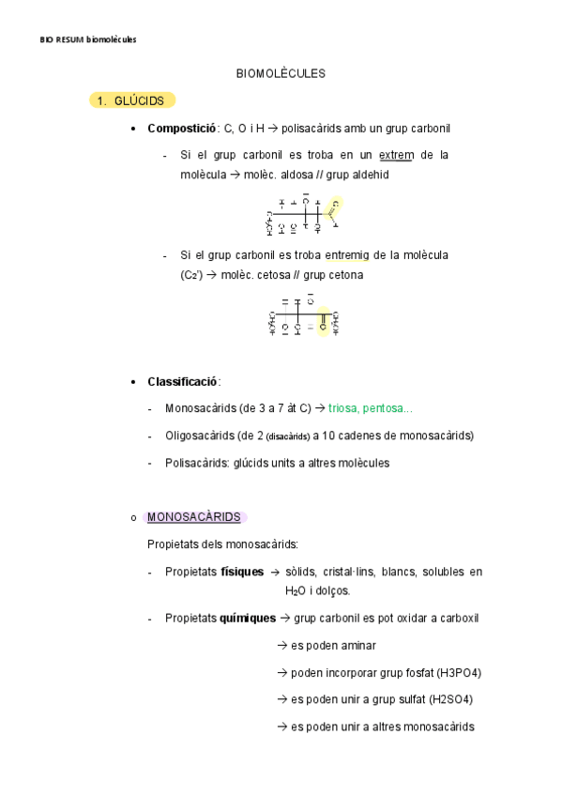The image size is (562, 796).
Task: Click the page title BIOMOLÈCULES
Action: click(281, 72)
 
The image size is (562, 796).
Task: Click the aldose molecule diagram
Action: click(305, 215)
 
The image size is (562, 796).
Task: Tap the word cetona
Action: click(343, 275)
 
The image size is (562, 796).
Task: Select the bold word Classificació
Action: click(182, 381)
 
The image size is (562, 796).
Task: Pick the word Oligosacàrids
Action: click(199, 436)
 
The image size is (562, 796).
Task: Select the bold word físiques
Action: click(242, 572)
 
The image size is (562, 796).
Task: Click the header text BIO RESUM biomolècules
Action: click(88, 38)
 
